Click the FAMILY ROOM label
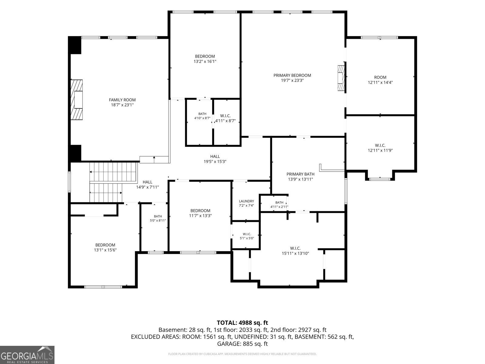[122, 100]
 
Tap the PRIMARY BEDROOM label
[292, 75]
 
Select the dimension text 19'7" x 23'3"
[292, 80]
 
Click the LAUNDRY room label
[246, 201]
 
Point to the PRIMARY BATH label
[300, 174]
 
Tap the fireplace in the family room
[76, 100]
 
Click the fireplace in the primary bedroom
[341, 78]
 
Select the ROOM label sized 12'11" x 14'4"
[380, 77]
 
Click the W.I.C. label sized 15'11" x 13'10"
[295, 248]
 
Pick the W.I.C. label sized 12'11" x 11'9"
[380, 145]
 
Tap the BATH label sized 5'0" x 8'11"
[158, 216]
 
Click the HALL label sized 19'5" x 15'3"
[215, 157]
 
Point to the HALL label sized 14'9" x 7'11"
[147, 182]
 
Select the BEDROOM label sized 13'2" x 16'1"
[205, 56]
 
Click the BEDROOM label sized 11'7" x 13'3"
[200, 211]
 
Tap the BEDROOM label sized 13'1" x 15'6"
[105, 245]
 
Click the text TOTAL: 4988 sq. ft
[242, 323]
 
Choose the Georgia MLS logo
[27, 355]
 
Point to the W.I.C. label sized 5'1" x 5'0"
[247, 234]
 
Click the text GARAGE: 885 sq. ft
[242, 344]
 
